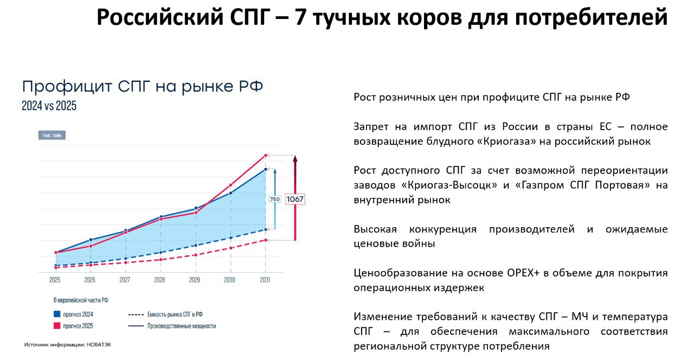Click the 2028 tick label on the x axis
coord(159,280)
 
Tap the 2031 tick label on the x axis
coord(265,280)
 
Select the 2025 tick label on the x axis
coord(55,280)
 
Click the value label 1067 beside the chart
coord(295,199)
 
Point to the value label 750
coord(275,199)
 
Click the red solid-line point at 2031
coord(266,156)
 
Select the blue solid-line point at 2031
coord(266,169)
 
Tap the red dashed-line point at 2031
coord(266,240)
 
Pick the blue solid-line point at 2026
coord(91,240)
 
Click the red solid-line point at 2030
coord(230,185)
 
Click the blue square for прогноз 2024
coord(57,314)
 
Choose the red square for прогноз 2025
coord(57,326)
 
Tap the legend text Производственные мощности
coord(182,326)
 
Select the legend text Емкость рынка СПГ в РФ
coord(175,314)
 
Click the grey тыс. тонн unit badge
coord(52,135)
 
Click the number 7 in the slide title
coord(300,17)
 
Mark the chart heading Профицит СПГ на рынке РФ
coord(143,87)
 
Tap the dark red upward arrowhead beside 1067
coord(295,158)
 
